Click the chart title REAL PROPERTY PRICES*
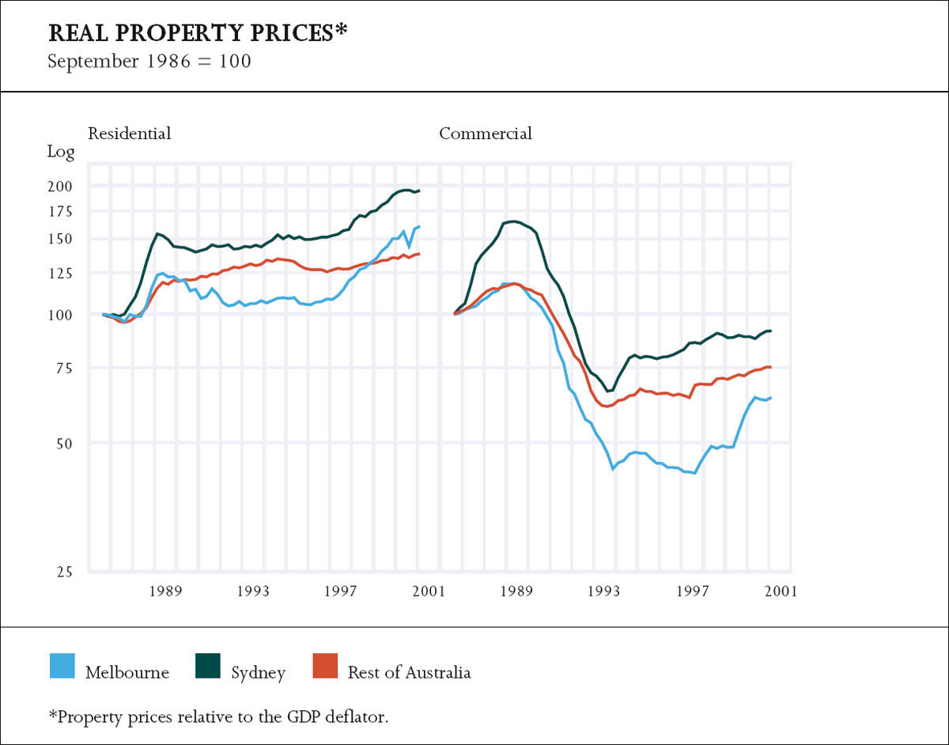pos(198,33)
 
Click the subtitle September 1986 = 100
pos(149,61)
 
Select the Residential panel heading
pos(129,134)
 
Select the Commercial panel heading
pos(486,134)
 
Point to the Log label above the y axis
pos(61,153)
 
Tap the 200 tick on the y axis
pos(61,187)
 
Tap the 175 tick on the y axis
pos(61,211)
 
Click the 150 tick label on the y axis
pos(61,239)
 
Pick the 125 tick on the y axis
pos(61,274)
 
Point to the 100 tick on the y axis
pos(61,315)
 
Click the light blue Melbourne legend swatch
pos(62,667)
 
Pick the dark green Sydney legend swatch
pos(208,667)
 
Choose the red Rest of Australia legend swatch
pos(325,667)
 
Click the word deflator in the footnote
pos(358,717)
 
